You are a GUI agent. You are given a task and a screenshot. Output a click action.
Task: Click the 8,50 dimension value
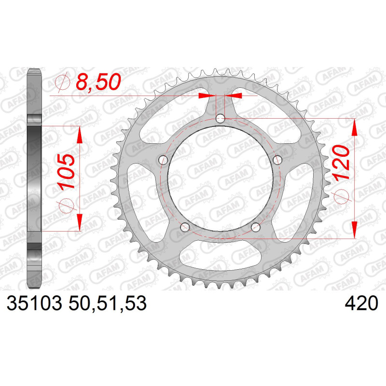coord(98,82)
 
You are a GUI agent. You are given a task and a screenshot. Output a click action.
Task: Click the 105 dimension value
coord(66,171)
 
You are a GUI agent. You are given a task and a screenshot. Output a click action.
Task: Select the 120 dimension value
coord(341,163)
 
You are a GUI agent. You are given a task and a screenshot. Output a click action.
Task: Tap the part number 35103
coord(34,303)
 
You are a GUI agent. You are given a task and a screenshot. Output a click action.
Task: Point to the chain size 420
coord(361,303)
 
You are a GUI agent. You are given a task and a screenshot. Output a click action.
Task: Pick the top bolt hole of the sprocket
coord(221,119)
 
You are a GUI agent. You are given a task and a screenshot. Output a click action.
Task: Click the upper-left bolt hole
coord(163,160)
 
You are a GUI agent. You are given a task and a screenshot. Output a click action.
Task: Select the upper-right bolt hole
coord(277,160)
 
